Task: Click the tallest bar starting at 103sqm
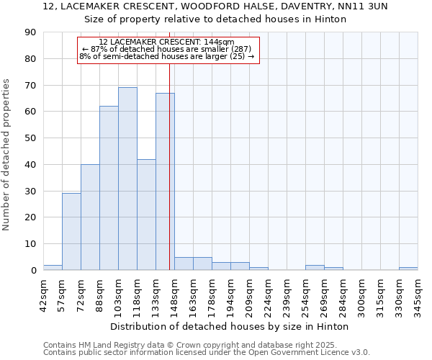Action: click(x=127, y=179)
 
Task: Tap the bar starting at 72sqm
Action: click(x=90, y=217)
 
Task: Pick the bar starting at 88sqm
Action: click(x=109, y=188)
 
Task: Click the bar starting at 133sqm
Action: click(x=165, y=181)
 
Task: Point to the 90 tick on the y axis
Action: click(x=30, y=32)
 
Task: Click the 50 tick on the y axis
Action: click(x=30, y=138)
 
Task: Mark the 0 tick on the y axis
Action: click(x=33, y=270)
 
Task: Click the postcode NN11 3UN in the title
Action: click(x=364, y=6)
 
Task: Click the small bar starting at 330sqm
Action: click(x=408, y=269)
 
